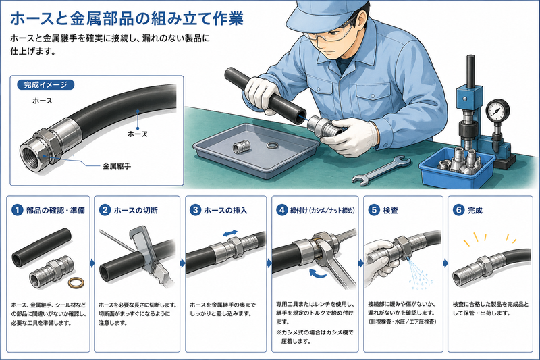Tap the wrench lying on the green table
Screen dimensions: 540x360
tap(381, 170)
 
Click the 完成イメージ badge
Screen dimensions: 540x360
tap(45, 84)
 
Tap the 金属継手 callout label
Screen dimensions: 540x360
tap(117, 166)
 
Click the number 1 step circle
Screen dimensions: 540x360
tap(17, 210)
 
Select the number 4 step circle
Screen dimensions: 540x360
tap(281, 210)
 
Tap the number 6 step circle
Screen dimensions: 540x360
tap(458, 210)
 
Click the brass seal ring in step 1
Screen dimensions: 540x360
tap(76, 283)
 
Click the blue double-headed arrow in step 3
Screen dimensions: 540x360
tap(230, 233)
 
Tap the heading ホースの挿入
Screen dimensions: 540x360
tap(225, 210)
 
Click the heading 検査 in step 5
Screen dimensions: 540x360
tap(391, 210)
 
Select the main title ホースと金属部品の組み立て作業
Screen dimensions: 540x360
tap(127, 19)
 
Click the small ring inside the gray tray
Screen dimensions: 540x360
tap(273, 145)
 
